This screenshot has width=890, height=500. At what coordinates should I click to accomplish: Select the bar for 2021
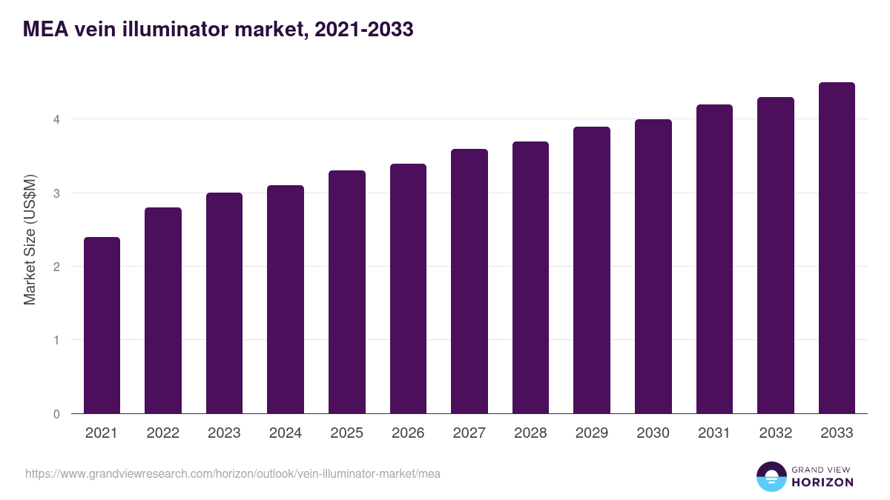pyautogui.click(x=102, y=325)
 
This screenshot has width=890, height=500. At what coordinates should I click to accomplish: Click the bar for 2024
pyautogui.click(x=286, y=299)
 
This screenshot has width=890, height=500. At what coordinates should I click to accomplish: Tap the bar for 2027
pyautogui.click(x=469, y=281)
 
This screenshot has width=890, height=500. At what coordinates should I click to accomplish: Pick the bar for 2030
pyautogui.click(x=653, y=267)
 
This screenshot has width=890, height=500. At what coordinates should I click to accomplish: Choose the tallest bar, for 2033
pyautogui.click(x=837, y=248)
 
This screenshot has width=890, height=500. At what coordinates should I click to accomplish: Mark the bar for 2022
pyautogui.click(x=163, y=310)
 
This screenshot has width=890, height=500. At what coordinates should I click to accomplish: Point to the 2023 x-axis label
pyautogui.click(x=224, y=433)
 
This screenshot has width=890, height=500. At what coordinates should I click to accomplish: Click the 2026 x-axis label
pyautogui.click(x=408, y=433)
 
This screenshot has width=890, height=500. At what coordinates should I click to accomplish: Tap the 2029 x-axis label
pyautogui.click(x=592, y=433)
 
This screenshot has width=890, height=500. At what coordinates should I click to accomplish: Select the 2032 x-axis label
pyautogui.click(x=775, y=433)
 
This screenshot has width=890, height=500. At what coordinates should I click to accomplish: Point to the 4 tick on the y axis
pyautogui.click(x=56, y=119)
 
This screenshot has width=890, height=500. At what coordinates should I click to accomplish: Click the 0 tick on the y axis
pyautogui.click(x=56, y=414)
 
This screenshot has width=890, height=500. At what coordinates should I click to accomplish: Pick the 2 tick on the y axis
pyautogui.click(x=56, y=267)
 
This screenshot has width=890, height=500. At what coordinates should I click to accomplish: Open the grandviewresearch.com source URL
pyautogui.click(x=233, y=473)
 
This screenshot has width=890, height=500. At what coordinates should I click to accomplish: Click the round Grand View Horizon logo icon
pyautogui.click(x=771, y=477)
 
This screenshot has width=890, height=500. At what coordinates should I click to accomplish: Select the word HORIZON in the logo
pyautogui.click(x=823, y=482)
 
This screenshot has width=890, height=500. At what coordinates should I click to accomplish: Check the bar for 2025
pyautogui.click(x=347, y=292)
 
